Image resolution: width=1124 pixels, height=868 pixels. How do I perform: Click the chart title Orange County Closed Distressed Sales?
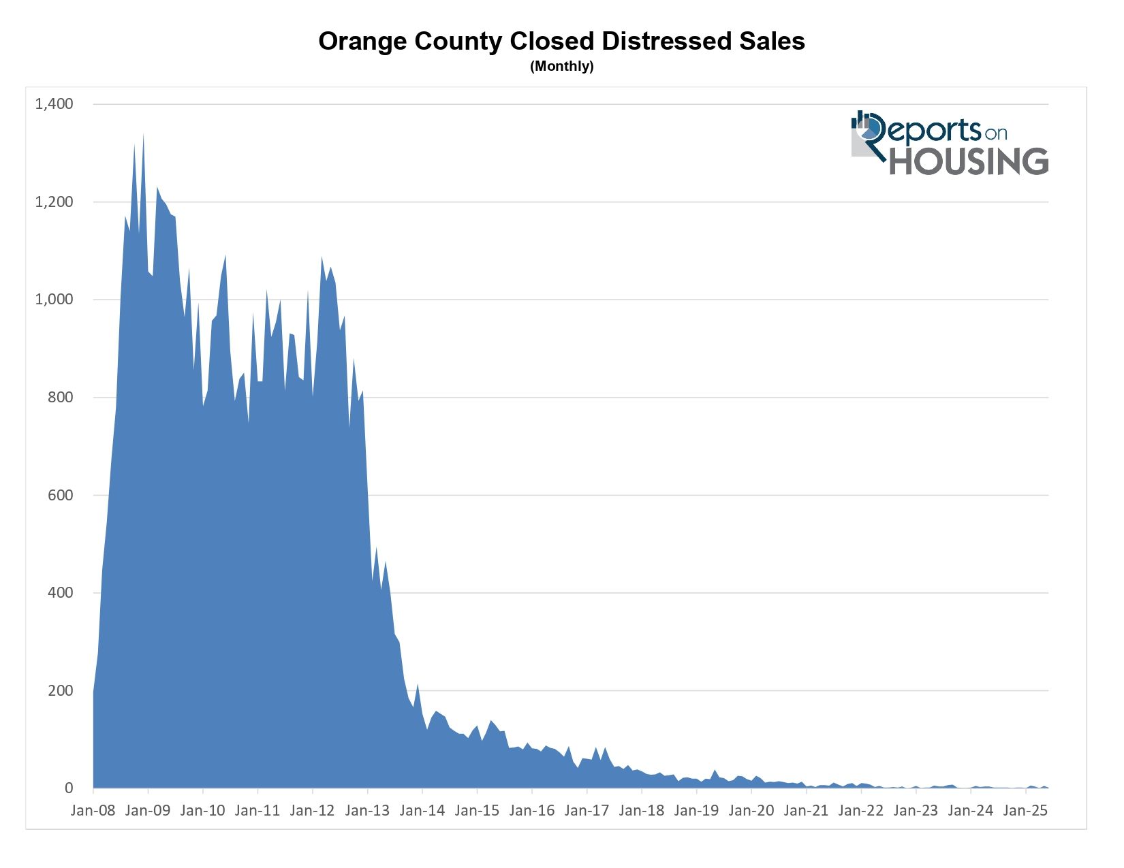pyautogui.click(x=561, y=42)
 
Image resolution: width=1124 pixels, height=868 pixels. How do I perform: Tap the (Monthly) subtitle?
pyautogui.click(x=561, y=67)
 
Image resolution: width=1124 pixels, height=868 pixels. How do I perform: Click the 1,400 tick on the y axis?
pyautogui.click(x=54, y=104)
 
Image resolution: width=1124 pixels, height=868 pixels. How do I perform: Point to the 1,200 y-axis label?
pyautogui.click(x=54, y=202)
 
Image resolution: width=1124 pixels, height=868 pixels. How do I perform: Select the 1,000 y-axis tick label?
pyautogui.click(x=54, y=300)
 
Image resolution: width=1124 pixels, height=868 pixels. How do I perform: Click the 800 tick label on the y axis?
pyautogui.click(x=61, y=398)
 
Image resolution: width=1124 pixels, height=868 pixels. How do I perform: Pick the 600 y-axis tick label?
pyautogui.click(x=61, y=495)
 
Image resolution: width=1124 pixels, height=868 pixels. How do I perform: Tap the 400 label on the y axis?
pyautogui.click(x=61, y=593)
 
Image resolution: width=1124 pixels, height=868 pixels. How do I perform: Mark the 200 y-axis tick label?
pyautogui.click(x=61, y=690)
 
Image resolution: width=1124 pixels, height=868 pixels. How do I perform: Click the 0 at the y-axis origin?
pyautogui.click(x=69, y=788)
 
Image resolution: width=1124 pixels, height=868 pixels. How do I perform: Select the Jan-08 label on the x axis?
pyautogui.click(x=93, y=811)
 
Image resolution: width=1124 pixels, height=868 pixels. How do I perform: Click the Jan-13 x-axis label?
pyautogui.click(x=367, y=811)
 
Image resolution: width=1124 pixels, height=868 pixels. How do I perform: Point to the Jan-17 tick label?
pyautogui.click(x=587, y=811)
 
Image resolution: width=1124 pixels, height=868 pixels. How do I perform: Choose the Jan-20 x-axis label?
pyautogui.click(x=751, y=811)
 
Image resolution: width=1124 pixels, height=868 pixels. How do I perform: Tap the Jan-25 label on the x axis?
pyautogui.click(x=1025, y=811)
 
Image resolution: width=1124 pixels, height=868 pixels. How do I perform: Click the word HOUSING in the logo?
pyautogui.click(x=969, y=161)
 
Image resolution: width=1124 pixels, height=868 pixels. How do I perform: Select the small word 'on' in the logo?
pyautogui.click(x=995, y=133)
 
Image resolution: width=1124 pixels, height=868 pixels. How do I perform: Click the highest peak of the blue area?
pyautogui.click(x=143, y=135)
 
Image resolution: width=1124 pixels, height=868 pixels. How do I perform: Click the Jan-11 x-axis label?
pyautogui.click(x=257, y=811)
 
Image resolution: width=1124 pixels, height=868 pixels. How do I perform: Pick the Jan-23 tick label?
pyautogui.click(x=916, y=811)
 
